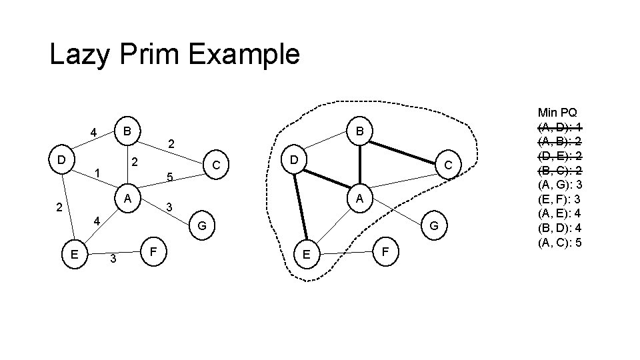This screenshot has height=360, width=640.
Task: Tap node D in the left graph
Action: [x=61, y=160]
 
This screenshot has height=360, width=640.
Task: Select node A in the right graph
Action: [x=359, y=198]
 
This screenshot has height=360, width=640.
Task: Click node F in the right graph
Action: [x=386, y=252]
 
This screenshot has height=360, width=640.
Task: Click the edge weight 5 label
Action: [x=170, y=177]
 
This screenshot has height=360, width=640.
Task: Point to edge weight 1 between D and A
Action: [x=97, y=173]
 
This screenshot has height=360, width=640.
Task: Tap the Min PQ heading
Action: [x=558, y=113]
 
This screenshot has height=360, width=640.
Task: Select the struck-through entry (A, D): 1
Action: [x=560, y=126]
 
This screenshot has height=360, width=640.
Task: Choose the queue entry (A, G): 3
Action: [x=560, y=184]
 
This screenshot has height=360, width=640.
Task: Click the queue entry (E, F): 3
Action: [x=560, y=199]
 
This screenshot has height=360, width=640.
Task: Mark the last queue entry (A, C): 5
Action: [x=560, y=242]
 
